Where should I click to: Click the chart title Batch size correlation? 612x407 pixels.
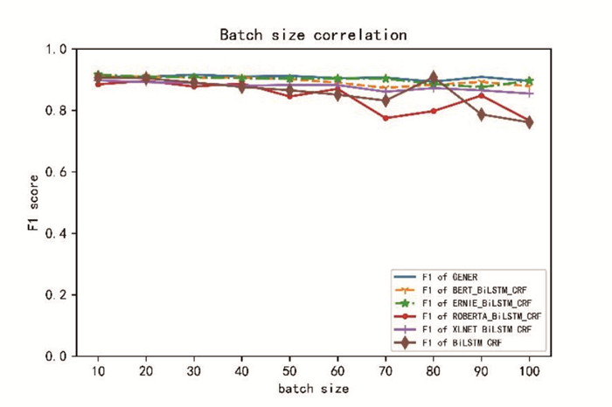(312, 35)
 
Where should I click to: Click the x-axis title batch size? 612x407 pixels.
(313, 388)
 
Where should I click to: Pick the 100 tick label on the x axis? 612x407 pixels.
(528, 370)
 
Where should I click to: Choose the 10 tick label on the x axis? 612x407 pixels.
(98, 370)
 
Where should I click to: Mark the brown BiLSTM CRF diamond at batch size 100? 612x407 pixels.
(528, 122)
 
